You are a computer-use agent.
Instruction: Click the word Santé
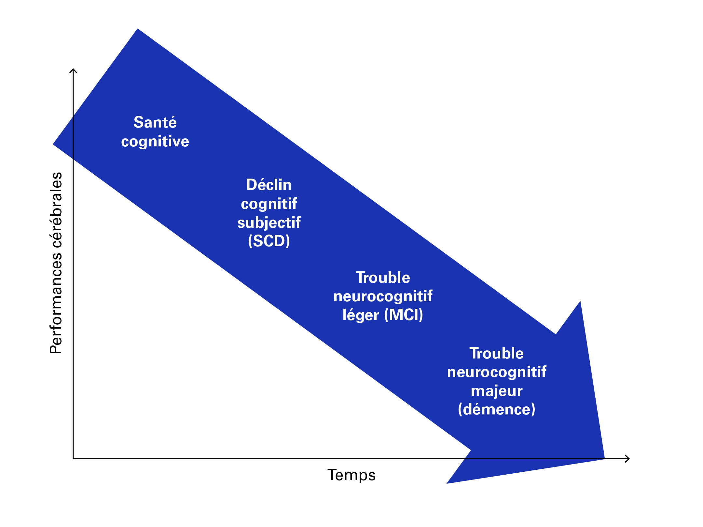point(155,123)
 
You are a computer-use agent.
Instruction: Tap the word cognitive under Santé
point(155,142)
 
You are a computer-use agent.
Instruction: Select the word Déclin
point(269,185)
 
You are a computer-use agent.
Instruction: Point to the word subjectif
point(269,223)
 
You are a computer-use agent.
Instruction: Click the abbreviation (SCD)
point(269,241)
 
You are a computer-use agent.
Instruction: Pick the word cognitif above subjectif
point(269,204)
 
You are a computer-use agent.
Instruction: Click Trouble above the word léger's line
point(383,277)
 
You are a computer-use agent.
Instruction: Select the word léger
point(361,315)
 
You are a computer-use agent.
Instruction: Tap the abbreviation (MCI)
point(404,315)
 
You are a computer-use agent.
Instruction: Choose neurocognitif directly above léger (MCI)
point(383,296)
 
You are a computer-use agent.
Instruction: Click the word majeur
point(497,391)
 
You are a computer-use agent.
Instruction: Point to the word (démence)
point(497,409)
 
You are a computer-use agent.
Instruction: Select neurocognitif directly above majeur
point(497,372)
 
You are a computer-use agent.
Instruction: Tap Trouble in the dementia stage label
point(497,353)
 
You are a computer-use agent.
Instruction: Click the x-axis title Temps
point(351,475)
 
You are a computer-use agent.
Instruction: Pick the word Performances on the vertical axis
point(56,306)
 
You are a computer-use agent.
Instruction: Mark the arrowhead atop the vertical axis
point(74,71)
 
